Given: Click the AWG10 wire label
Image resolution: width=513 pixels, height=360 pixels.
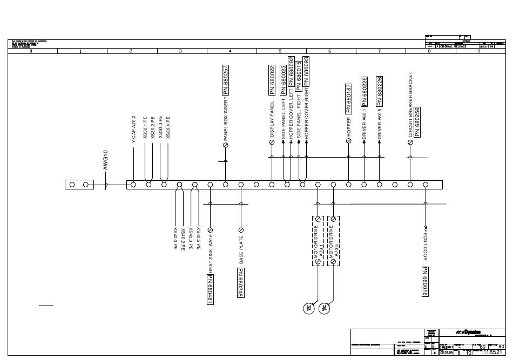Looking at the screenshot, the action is click(106, 161).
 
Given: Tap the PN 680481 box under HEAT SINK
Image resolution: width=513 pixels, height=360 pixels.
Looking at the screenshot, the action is click(210, 290).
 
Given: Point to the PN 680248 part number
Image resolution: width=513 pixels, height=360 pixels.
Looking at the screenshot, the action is click(241, 282).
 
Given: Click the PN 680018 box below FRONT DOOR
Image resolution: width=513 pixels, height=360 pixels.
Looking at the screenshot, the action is click(426, 282).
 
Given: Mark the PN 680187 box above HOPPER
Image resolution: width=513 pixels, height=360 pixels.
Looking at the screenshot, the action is click(349, 99).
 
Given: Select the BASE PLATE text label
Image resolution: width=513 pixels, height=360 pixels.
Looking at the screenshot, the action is click(241, 249).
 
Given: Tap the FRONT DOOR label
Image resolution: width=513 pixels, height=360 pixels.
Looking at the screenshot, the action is click(426, 246).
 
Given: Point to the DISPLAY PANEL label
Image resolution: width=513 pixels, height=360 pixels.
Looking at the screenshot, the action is click(272, 119).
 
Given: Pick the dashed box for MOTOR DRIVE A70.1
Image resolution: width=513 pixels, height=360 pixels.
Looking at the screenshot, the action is click(318, 240).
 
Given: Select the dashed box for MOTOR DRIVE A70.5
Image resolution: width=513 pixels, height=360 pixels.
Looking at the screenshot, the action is click(334, 240).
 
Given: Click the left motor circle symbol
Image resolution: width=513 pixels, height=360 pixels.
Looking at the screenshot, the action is click(309, 308).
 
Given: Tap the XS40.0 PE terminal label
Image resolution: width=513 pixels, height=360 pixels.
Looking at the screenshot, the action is click(175, 239).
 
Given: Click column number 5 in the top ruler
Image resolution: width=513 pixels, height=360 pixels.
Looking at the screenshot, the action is click(280, 51).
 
